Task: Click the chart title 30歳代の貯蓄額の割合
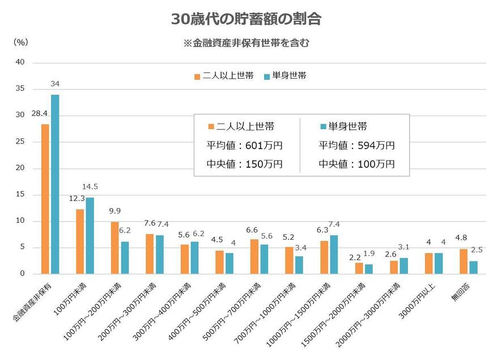[x=246, y=19]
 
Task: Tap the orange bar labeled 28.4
[x=45, y=199]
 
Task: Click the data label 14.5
[x=91, y=187]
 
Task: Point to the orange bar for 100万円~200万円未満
[x=115, y=248]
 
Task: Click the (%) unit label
[x=20, y=41]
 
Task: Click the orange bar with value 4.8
[x=464, y=261]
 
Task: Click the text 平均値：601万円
[x=245, y=146]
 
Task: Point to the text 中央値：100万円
[x=356, y=164]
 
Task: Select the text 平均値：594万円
[x=356, y=146]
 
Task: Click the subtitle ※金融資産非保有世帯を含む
[x=246, y=43]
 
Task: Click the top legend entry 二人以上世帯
[x=223, y=75]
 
